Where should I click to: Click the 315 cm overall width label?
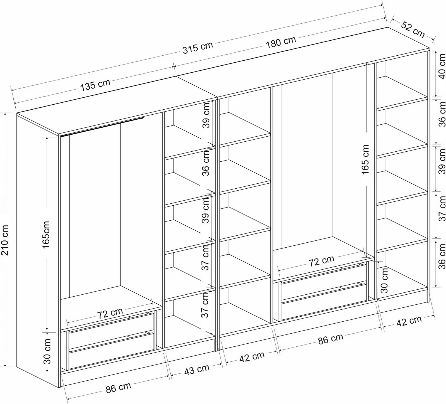coord(198,48)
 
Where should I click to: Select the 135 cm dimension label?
coord(95,85)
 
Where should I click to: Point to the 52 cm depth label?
coord(413,29)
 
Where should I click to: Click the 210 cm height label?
coord(6,240)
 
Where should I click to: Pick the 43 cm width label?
coord(197,370)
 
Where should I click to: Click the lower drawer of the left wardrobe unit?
coord(111,351)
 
